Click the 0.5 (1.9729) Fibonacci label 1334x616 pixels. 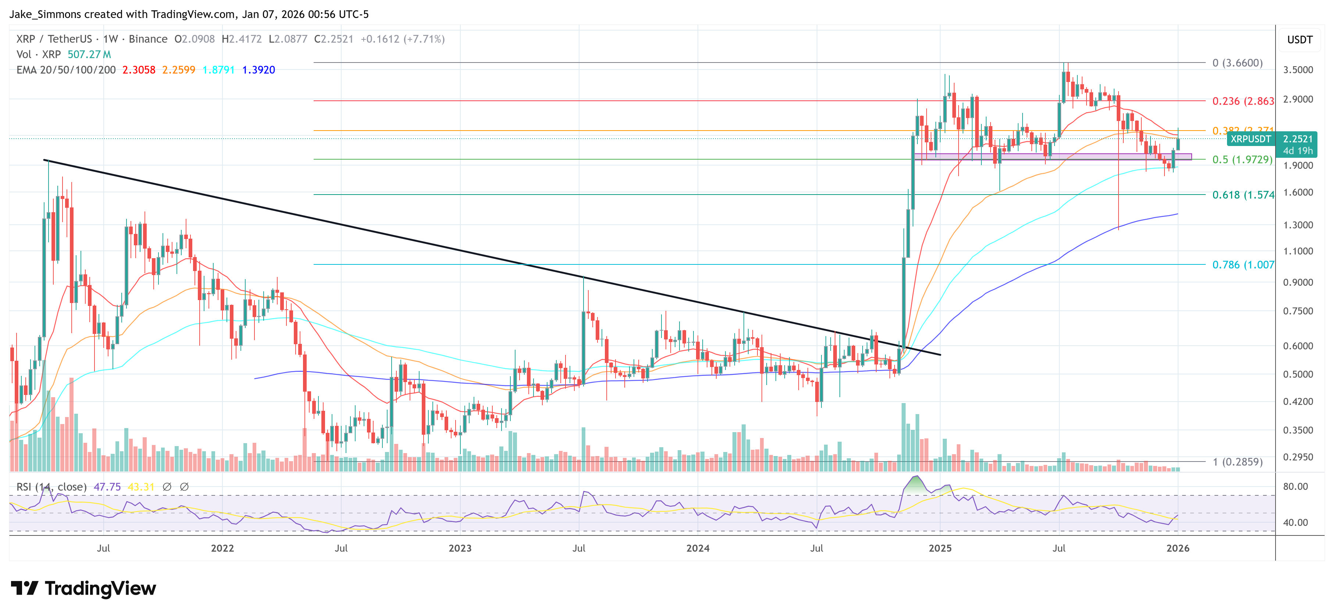pyautogui.click(x=1242, y=160)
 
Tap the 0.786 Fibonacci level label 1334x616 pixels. pyautogui.click(x=1242, y=265)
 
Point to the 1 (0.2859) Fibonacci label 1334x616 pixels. pyautogui.click(x=1237, y=462)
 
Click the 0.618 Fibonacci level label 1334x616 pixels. pyautogui.click(x=1242, y=195)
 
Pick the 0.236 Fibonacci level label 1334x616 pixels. pyautogui.click(x=1242, y=101)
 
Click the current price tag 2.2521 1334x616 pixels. pyautogui.click(x=1297, y=139)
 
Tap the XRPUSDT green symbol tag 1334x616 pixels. pyautogui.click(x=1250, y=139)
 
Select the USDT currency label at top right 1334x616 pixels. pyautogui.click(x=1299, y=40)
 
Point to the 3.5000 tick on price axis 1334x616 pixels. pyautogui.click(x=1298, y=70)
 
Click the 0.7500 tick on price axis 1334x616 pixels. pyautogui.click(x=1298, y=311)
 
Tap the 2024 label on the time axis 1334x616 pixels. pyautogui.click(x=698, y=548)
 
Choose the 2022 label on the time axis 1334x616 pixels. pyautogui.click(x=222, y=548)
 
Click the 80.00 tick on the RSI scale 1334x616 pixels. pyautogui.click(x=1295, y=487)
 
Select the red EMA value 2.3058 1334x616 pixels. pyautogui.click(x=138, y=70)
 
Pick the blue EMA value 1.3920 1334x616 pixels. pyautogui.click(x=258, y=70)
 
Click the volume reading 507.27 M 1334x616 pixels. pyautogui.click(x=89, y=54)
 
